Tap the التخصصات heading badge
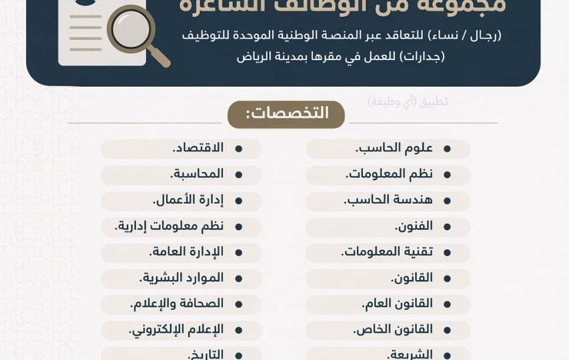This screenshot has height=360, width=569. click(286, 114)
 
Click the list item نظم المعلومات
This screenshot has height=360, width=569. click(390, 174)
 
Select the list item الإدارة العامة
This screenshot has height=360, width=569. click(186, 252)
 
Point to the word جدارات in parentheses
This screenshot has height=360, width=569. click(424, 56)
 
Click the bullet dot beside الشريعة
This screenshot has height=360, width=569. click(446, 355)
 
